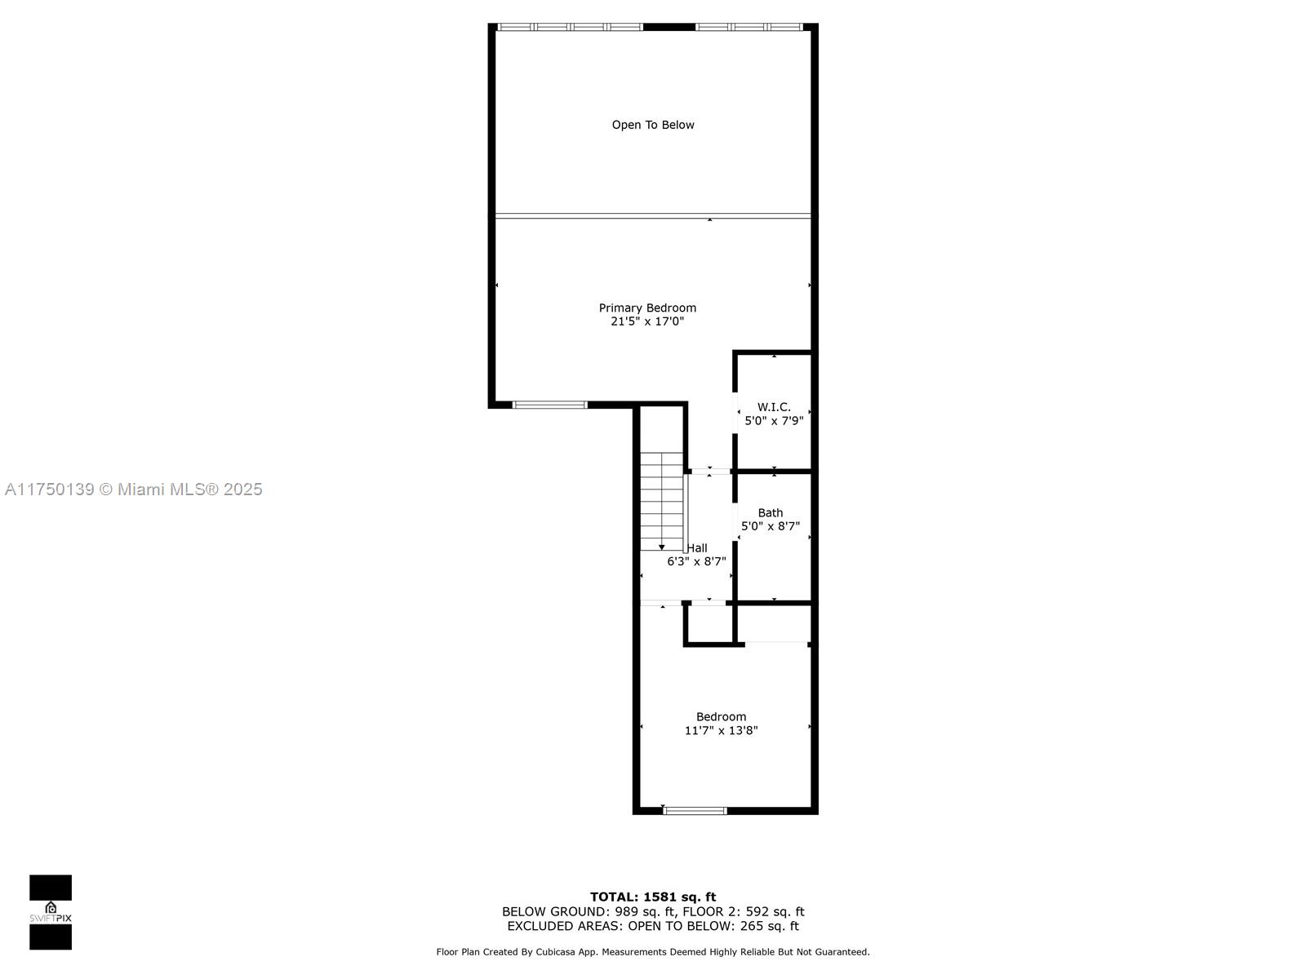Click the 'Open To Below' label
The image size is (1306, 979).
pyautogui.click(x=653, y=125)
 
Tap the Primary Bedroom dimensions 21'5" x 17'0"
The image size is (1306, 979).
pyautogui.click(x=647, y=321)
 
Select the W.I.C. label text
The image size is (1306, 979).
pyautogui.click(x=774, y=407)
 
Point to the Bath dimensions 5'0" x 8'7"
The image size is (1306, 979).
pyautogui.click(x=771, y=526)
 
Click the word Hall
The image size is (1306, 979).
pyautogui.click(x=697, y=548)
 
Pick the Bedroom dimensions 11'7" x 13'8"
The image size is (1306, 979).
pyautogui.click(x=721, y=730)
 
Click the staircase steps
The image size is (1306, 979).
pyautogui.click(x=662, y=501)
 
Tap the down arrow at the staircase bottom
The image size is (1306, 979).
pyautogui.click(x=662, y=547)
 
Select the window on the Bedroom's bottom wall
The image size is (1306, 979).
pyautogui.click(x=695, y=811)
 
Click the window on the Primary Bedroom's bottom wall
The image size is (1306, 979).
pyautogui.click(x=550, y=405)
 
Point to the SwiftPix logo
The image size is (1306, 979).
pyautogui.click(x=51, y=912)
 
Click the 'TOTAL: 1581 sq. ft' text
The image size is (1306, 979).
pyautogui.click(x=653, y=897)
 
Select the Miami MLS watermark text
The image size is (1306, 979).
pyautogui.click(x=133, y=489)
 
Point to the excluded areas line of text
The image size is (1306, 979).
pyautogui.click(x=653, y=926)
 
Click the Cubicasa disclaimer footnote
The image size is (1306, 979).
pyautogui.click(x=653, y=951)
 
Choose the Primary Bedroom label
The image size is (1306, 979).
pyautogui.click(x=647, y=308)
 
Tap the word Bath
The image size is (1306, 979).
pyautogui.click(x=771, y=512)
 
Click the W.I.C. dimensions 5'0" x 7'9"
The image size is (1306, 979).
pyautogui.click(x=774, y=421)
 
